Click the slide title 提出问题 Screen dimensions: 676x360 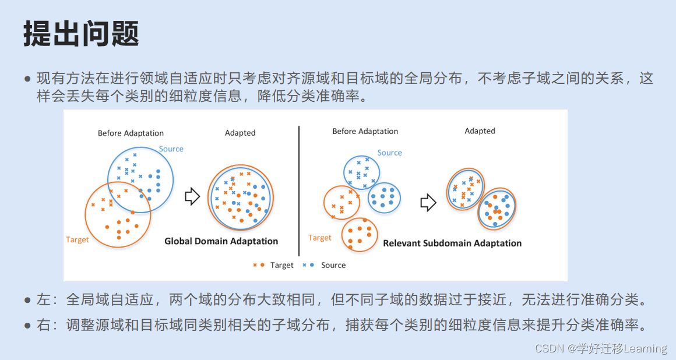[x=81, y=34]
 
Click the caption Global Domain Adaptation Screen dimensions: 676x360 [x=221, y=241]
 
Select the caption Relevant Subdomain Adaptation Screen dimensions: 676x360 [x=452, y=243]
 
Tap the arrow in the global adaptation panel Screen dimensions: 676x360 [x=192, y=197]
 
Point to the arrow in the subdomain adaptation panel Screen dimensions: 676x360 [x=428, y=203]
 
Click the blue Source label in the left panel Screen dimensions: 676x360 [x=171, y=149]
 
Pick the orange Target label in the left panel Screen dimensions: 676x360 [x=78, y=240]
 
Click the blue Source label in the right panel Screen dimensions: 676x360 [x=389, y=153]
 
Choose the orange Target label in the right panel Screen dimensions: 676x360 [x=319, y=238]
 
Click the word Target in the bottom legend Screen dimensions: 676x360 [x=281, y=266]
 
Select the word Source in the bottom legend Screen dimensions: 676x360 [x=333, y=266]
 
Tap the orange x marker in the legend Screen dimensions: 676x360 [x=255, y=265]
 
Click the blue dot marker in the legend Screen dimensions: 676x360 [x=312, y=265]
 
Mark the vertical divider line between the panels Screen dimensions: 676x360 [x=299, y=191]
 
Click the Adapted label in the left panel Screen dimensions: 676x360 [x=240, y=133]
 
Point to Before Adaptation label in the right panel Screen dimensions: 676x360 [x=365, y=131]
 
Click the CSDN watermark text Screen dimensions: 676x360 [x=600, y=348]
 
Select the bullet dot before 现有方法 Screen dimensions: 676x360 [x=27, y=79]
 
